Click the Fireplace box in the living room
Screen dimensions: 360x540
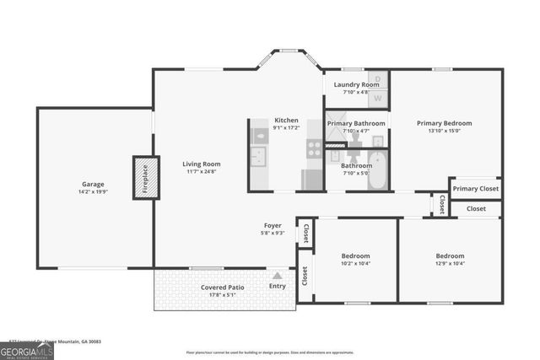pyautogui.click(x=145, y=177)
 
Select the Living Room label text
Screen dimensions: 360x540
pyautogui.click(x=202, y=164)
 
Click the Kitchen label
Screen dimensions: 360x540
pyautogui.click(x=286, y=120)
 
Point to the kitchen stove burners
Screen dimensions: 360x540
pyautogui.click(x=314, y=149)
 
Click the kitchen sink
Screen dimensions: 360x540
pyautogui.click(x=258, y=157)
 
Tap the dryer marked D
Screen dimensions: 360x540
pyautogui.click(x=377, y=80)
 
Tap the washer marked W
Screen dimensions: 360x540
pyautogui.click(x=377, y=98)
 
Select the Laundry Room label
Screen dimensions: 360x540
pyautogui.click(x=356, y=84)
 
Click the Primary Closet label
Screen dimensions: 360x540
pyautogui.click(x=476, y=188)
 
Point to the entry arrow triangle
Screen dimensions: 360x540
pyautogui.click(x=277, y=275)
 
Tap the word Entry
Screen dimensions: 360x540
pyautogui.click(x=277, y=287)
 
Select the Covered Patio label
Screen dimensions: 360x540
pyautogui.click(x=222, y=287)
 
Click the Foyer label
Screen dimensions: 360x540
pyautogui.click(x=273, y=225)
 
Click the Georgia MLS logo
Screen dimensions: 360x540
pyautogui.click(x=27, y=349)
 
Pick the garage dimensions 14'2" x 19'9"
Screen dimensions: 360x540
pyautogui.click(x=93, y=191)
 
